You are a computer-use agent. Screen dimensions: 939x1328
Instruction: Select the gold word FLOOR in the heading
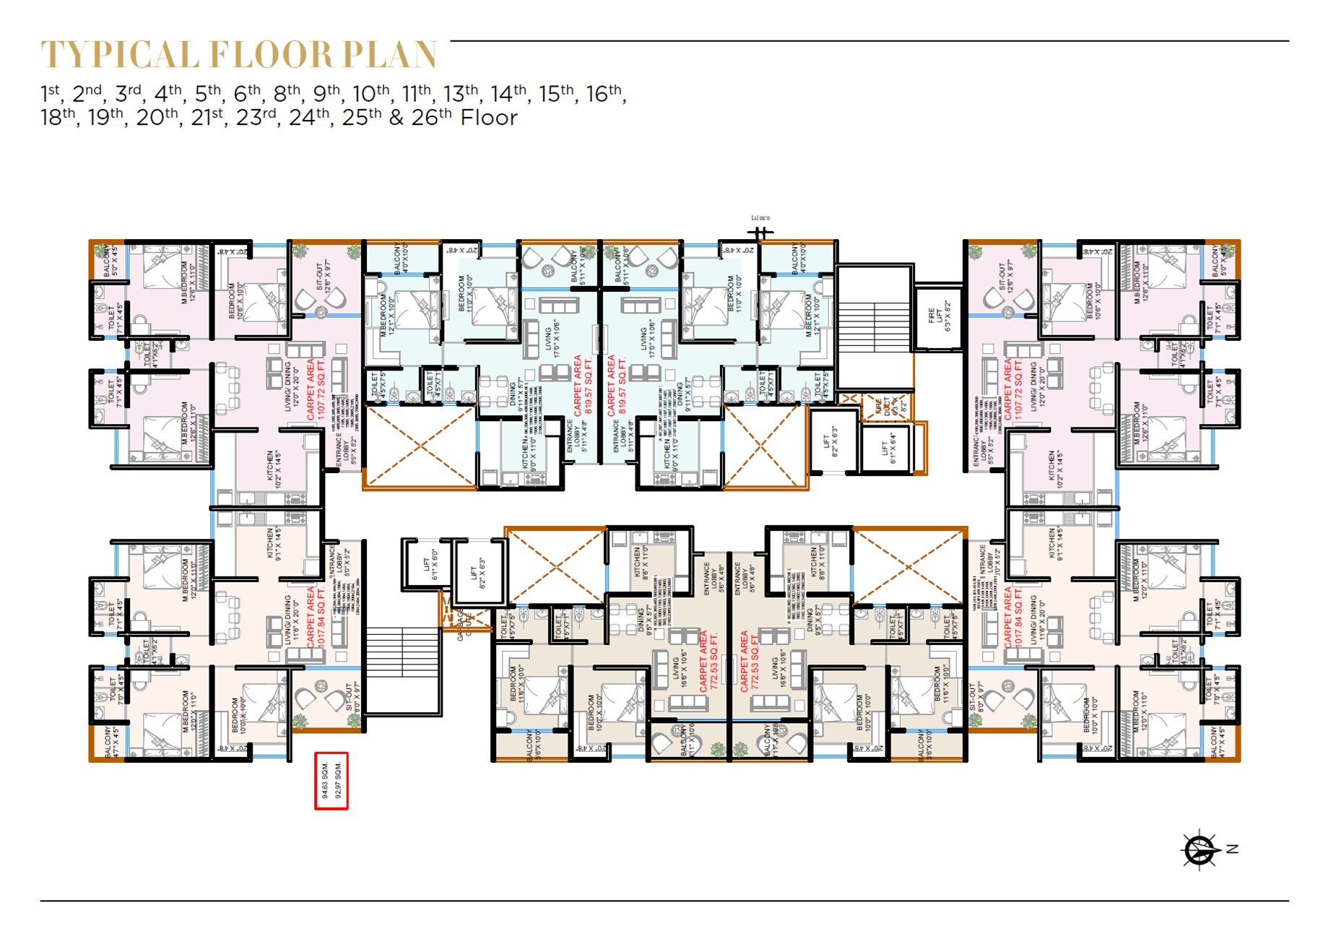pyautogui.click(x=271, y=55)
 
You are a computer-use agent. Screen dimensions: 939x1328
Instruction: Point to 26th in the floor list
pyautogui.click(x=431, y=117)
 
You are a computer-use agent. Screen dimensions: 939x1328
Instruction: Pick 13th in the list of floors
pyautogui.click(x=461, y=93)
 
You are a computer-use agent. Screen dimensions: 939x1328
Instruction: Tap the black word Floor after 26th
pyautogui.click(x=489, y=118)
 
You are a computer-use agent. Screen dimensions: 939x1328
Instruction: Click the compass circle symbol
pyautogui.click(x=1199, y=849)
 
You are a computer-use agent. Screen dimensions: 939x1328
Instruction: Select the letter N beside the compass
pyautogui.click(x=1233, y=849)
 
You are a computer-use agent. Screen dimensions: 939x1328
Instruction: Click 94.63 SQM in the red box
pyautogui.click(x=325, y=780)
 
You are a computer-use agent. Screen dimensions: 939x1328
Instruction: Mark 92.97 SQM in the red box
pyautogui.click(x=338, y=780)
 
